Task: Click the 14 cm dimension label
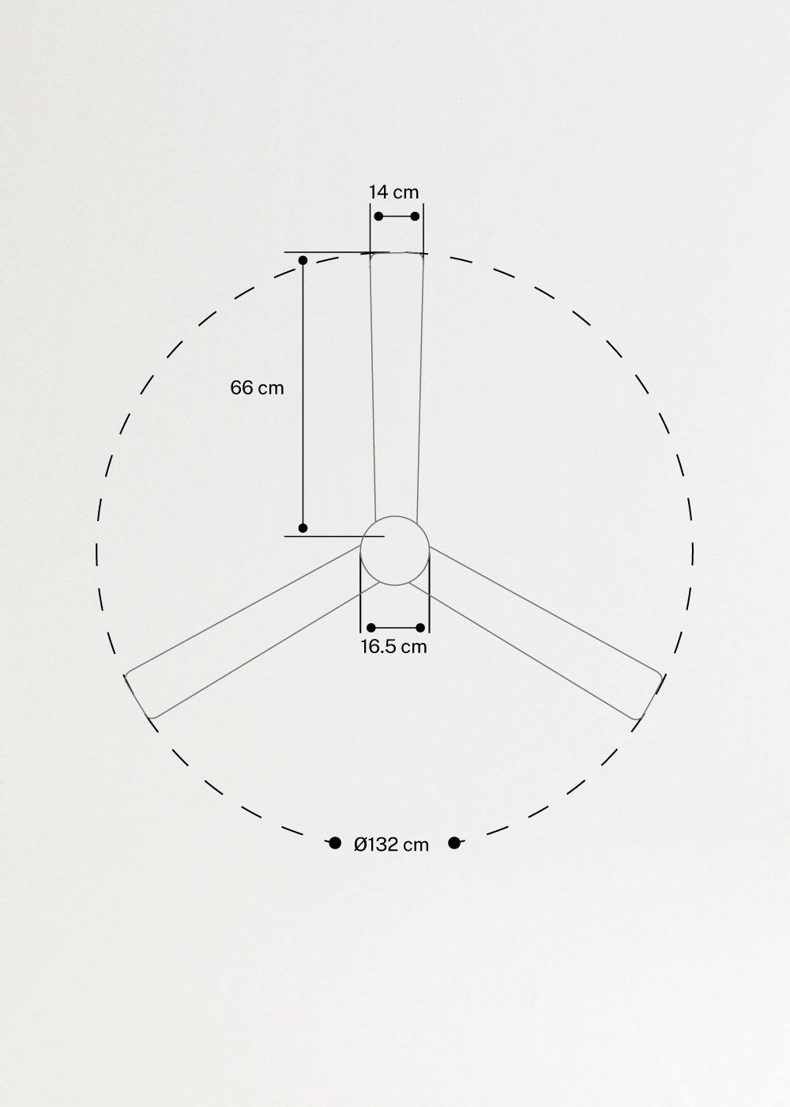pyautogui.click(x=393, y=192)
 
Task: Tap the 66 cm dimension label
pyautogui.click(x=257, y=388)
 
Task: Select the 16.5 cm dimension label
pyautogui.click(x=393, y=647)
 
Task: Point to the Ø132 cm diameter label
pyautogui.click(x=391, y=844)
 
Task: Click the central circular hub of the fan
pyautogui.click(x=395, y=550)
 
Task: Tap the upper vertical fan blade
pyautogui.click(x=397, y=380)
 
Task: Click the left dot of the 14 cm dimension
pyautogui.click(x=378, y=216)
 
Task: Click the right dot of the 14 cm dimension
pyautogui.click(x=416, y=216)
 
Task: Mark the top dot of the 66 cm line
pyautogui.click(x=303, y=260)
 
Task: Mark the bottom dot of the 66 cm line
pyautogui.click(x=303, y=527)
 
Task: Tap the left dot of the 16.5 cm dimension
pyautogui.click(x=371, y=628)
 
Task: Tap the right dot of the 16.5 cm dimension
pyautogui.click(x=420, y=628)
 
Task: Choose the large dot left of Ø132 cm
pyautogui.click(x=335, y=843)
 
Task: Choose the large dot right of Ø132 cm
pyautogui.click(x=454, y=843)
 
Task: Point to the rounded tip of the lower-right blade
pyautogui.click(x=649, y=697)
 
